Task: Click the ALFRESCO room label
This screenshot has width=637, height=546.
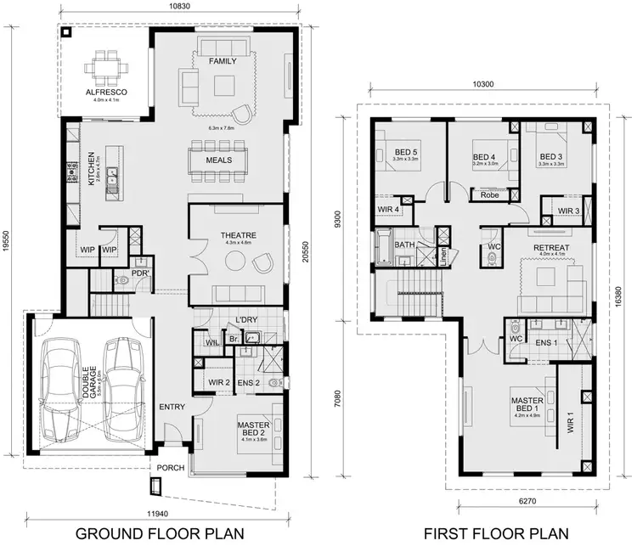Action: tap(107, 91)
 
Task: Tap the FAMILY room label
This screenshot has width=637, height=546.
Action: tap(223, 61)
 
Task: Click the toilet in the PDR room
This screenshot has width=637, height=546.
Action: tap(123, 277)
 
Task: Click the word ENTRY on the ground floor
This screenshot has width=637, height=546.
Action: tap(172, 407)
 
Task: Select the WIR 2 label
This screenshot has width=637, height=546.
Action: tap(220, 382)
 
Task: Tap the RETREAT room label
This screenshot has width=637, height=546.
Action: tap(550, 248)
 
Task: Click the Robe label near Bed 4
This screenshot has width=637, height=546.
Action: tap(489, 194)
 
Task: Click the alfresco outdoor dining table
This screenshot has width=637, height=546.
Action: tap(107, 65)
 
